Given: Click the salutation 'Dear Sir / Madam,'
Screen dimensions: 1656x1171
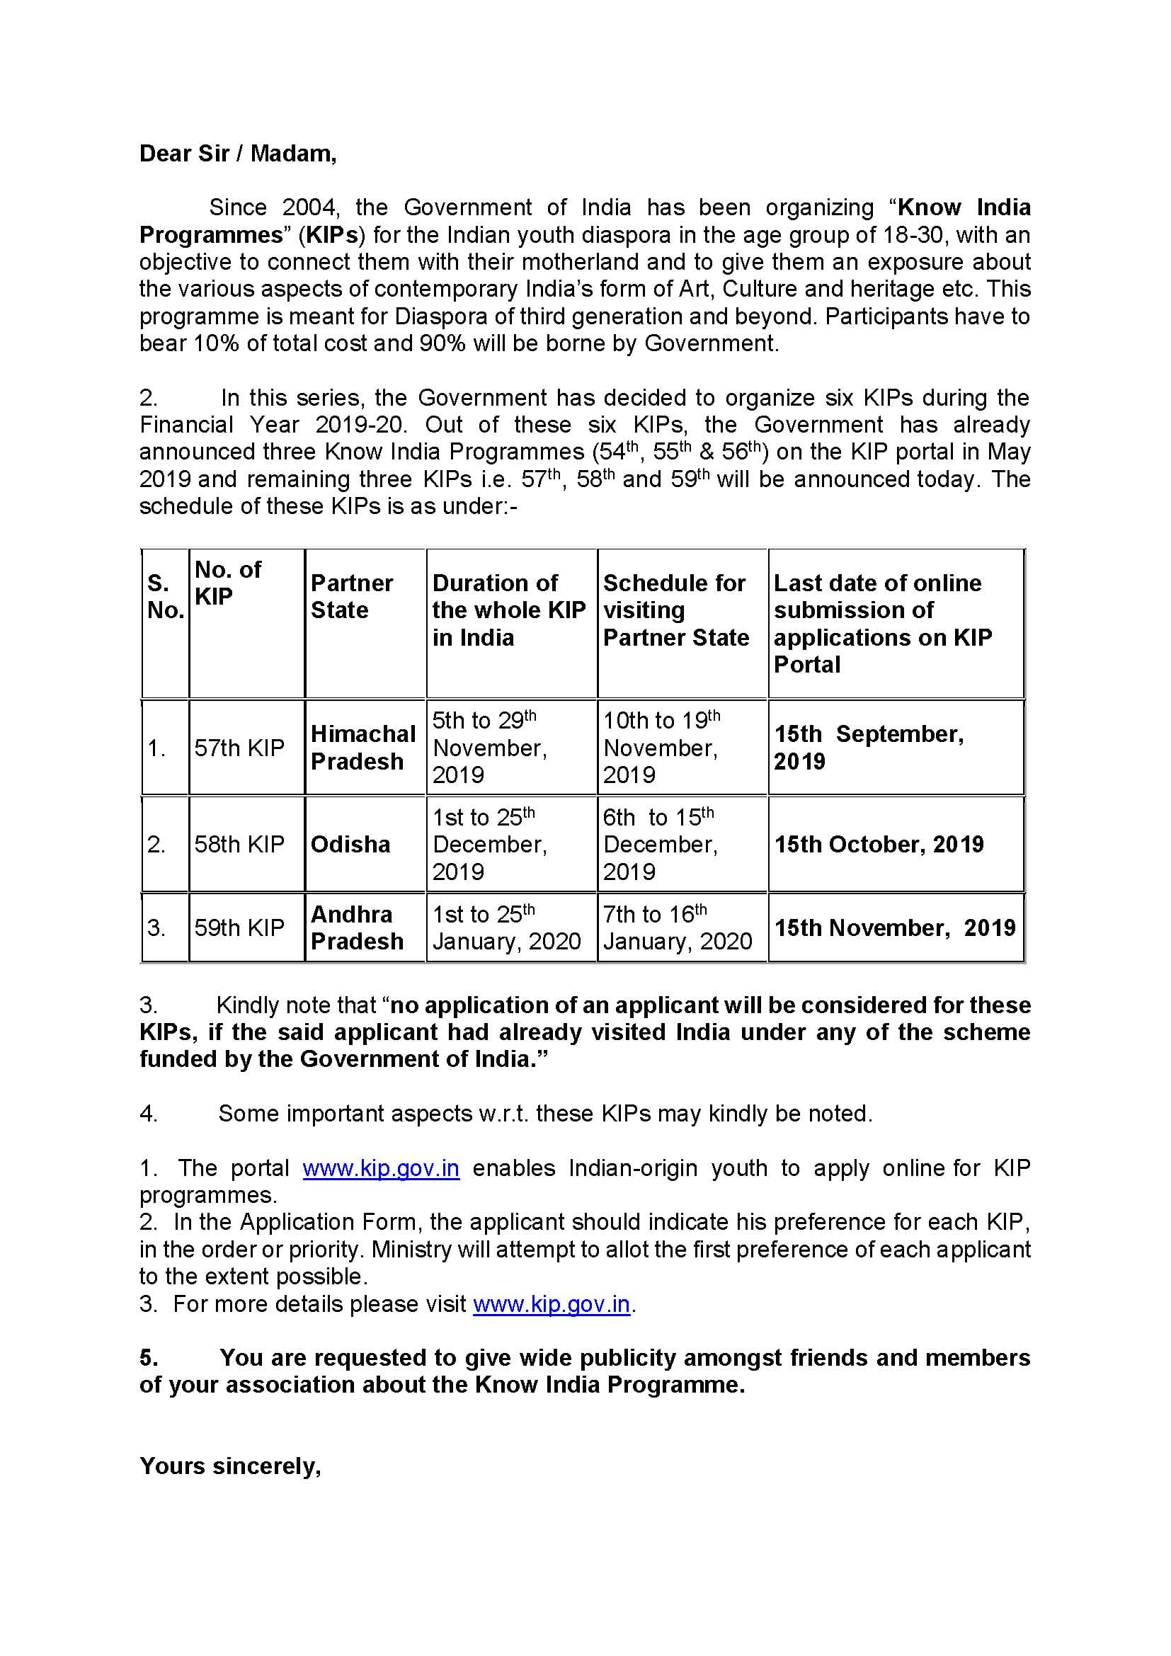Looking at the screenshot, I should pos(237,154).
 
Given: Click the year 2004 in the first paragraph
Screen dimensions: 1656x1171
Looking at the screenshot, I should pos(309,207).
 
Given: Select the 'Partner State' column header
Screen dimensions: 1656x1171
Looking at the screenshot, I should pos(352,596).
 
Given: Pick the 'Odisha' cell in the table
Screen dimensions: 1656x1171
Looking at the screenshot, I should pos(350,844).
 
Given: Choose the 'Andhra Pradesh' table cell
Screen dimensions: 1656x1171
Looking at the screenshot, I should pos(357,927).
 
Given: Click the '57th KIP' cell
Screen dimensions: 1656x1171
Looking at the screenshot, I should pos(239,748).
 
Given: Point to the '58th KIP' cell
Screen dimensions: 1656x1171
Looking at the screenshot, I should pos(239,844).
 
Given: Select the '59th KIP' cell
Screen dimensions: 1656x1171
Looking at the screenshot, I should pos(239,927).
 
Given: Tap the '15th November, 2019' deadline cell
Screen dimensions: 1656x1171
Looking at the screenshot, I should pos(894,927).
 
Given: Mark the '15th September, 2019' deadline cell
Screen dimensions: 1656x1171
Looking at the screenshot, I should pos(868,747).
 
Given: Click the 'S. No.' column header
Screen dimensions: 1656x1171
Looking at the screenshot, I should pos(165,596).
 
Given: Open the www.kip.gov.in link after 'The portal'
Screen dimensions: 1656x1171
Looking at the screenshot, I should pos(381,1167).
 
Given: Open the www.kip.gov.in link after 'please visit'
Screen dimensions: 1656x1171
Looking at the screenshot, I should pos(551,1304).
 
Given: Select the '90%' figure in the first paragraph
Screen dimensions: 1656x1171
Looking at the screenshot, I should pos(442,343).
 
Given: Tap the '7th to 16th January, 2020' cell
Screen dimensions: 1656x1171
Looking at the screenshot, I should pos(677,927).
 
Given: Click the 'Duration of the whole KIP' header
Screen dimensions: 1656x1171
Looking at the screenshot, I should pos(508,610).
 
